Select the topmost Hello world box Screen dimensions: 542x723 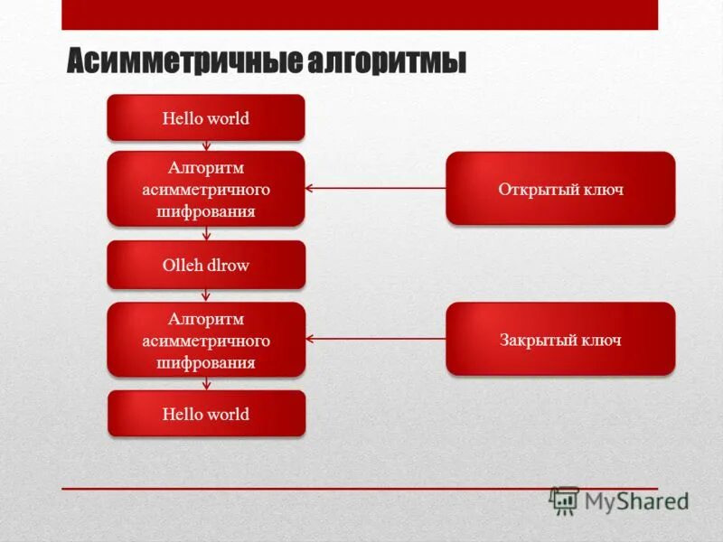[x=206, y=117]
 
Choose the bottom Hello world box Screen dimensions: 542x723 [x=206, y=414]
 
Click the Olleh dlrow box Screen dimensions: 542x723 [x=206, y=265]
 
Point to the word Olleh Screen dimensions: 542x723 [x=181, y=265]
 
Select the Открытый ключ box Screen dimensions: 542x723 [x=559, y=189]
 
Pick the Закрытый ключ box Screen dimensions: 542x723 [x=559, y=340]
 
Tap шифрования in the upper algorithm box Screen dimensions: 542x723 [x=206, y=211]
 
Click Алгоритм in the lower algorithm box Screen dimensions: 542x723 [x=206, y=319]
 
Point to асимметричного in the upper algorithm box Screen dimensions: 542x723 [x=206, y=190]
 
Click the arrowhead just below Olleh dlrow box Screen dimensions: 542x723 [x=206, y=295]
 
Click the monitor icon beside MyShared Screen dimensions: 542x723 [x=565, y=500]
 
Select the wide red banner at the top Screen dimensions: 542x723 [x=360, y=14]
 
